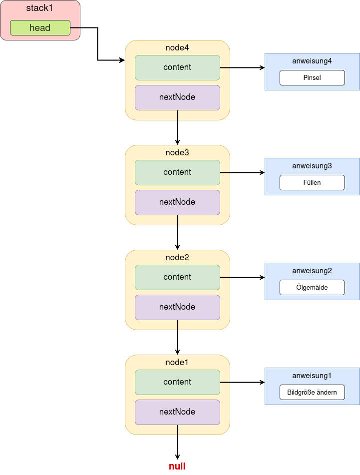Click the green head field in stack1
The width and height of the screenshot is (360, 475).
40,28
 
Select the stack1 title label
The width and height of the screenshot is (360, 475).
39,8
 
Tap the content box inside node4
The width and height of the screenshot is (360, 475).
177,67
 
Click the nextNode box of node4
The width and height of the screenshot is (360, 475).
177,97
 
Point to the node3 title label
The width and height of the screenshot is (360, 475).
177,152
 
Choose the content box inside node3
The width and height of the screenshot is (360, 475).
177,172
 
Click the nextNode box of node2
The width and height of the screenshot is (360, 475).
177,307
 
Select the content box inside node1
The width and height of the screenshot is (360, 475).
177,382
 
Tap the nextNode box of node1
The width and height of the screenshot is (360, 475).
177,412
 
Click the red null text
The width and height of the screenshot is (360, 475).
177,466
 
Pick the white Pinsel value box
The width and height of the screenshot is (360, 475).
312,77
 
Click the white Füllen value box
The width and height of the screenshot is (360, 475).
312,182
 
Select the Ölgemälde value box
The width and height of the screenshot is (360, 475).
312,287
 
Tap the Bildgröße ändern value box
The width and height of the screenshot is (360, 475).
312,392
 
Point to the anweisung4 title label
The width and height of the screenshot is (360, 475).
312,61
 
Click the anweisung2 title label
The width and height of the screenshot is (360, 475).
312,271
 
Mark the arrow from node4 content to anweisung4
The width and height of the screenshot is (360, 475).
242,67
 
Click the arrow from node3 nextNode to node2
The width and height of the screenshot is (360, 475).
177,232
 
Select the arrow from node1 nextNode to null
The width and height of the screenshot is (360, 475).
177,442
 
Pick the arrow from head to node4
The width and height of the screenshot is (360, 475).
97,44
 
